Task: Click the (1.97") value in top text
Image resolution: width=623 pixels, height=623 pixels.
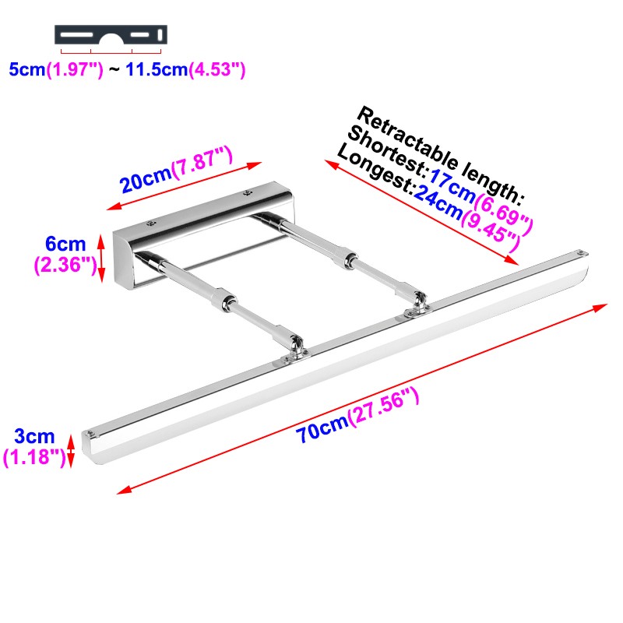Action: tap(75, 69)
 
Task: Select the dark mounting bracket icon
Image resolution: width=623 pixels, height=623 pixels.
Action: tap(111, 35)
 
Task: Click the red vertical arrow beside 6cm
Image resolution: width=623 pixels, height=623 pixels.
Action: tap(100, 255)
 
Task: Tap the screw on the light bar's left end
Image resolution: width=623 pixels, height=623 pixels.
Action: tap(93, 431)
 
